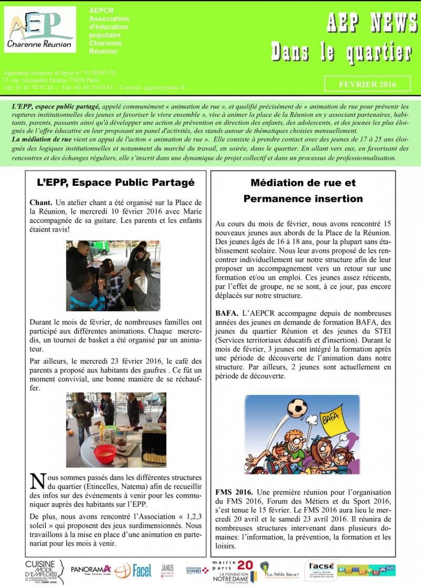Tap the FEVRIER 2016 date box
pos(367,84)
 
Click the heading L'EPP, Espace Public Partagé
pos(116,183)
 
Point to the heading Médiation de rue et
pos(303,183)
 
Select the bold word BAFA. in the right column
pos(226,313)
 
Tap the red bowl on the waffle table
pos(105,452)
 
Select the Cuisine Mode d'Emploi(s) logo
pos(44,570)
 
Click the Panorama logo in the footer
pos(91,569)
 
